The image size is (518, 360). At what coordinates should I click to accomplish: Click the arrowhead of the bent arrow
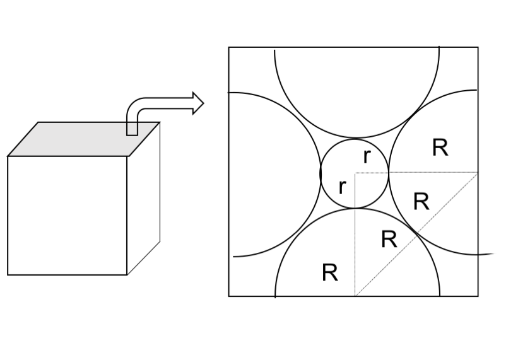[x=197, y=103]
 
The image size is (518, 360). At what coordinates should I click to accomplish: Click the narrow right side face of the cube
[x=144, y=202]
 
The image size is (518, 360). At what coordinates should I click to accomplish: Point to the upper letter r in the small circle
[x=366, y=157]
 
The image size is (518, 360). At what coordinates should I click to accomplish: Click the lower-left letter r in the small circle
[x=342, y=187]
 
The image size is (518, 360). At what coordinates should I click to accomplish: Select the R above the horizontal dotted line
[x=440, y=148]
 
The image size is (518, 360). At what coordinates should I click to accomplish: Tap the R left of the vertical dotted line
[x=329, y=273]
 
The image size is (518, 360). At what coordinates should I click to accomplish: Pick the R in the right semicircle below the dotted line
[x=421, y=202]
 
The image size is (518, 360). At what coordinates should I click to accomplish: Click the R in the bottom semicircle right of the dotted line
[x=389, y=240]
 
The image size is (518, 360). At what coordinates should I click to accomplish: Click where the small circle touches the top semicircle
[x=355, y=138]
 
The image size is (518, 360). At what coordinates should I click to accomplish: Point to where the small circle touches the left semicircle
[x=321, y=173]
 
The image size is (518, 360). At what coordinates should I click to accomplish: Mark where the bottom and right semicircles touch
[x=415, y=233]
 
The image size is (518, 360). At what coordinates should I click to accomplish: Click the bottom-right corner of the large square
[x=478, y=296]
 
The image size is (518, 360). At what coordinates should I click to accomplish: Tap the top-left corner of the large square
[x=229, y=47]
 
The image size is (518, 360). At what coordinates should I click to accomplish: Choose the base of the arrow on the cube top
[x=132, y=131]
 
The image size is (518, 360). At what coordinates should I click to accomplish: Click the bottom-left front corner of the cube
[x=8, y=275]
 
